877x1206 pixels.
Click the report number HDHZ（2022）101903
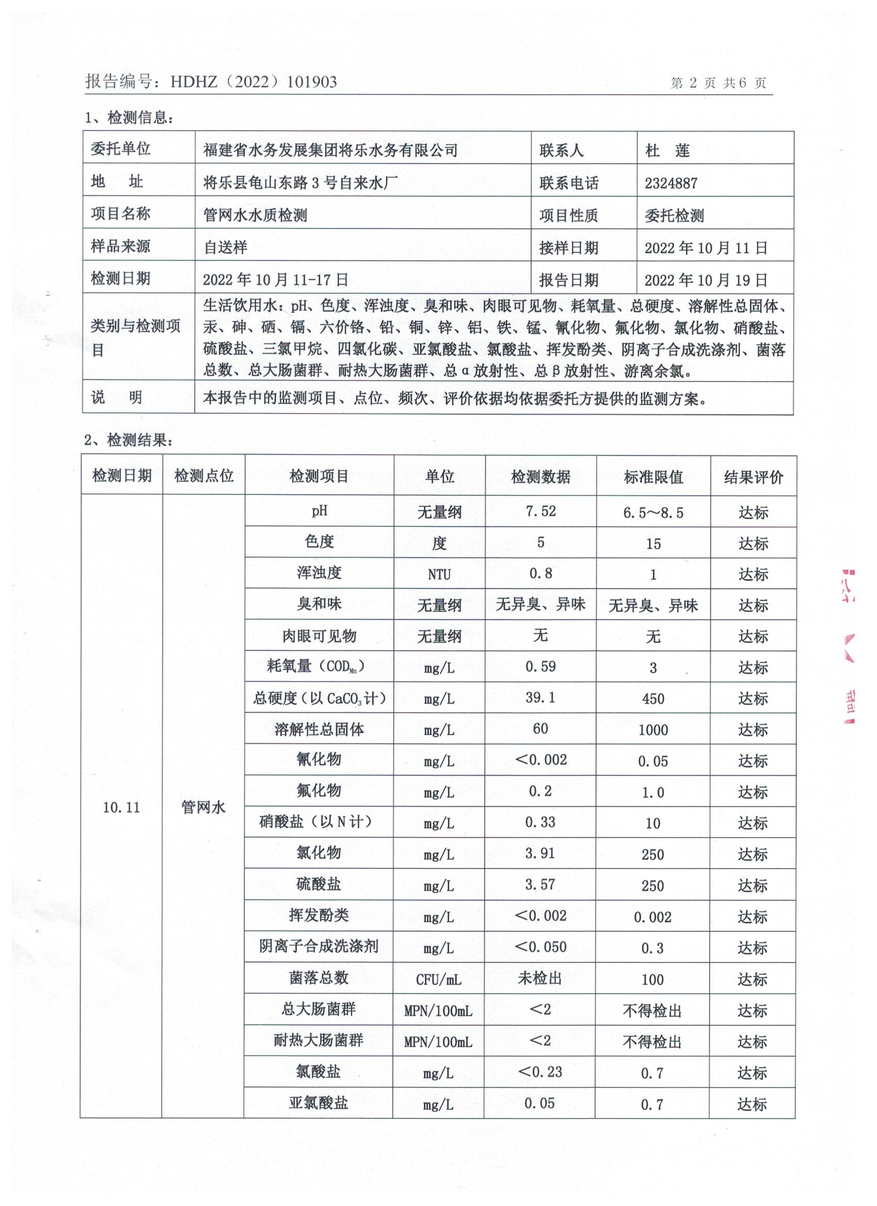(254, 82)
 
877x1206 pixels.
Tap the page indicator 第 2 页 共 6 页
(718, 83)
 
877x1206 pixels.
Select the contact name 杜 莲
(668, 151)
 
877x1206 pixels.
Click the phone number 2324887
(671, 184)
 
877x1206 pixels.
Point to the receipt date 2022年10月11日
(706, 248)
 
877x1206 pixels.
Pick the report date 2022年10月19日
(706, 280)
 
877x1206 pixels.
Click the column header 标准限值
(653, 477)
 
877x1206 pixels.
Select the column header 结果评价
(753, 477)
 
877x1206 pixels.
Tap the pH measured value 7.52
(540, 512)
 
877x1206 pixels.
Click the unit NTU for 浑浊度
(439, 575)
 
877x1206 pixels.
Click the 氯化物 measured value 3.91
(540, 854)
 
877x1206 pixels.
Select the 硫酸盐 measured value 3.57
(540, 885)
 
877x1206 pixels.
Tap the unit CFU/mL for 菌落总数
(439, 980)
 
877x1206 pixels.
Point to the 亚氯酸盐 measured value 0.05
(539, 1103)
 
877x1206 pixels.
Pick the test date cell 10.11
(121, 807)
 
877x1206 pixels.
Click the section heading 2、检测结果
(128, 440)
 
